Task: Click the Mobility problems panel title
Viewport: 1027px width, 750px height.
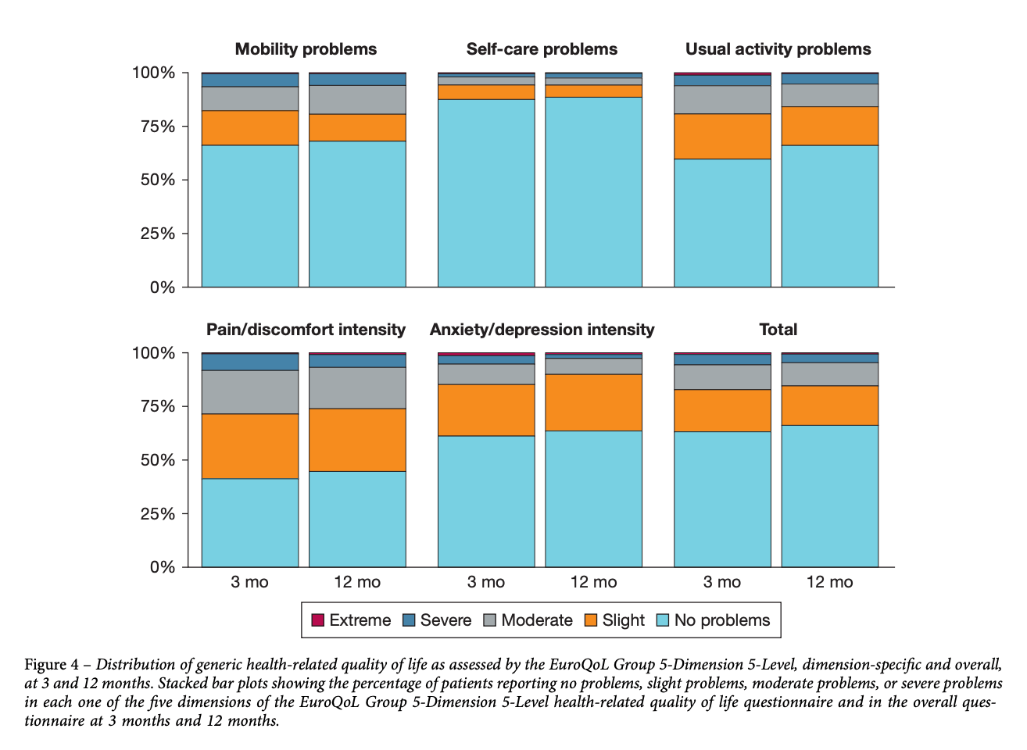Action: pyautogui.click(x=306, y=49)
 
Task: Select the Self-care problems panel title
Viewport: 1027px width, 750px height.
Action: pyautogui.click(x=542, y=49)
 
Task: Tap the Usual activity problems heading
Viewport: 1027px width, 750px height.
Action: pyautogui.click(x=778, y=49)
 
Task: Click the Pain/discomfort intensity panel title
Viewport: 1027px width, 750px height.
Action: pyautogui.click(x=306, y=330)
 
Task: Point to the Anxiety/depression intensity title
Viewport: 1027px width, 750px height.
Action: pyautogui.click(x=542, y=330)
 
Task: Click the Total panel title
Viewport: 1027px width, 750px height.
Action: pyautogui.click(x=778, y=330)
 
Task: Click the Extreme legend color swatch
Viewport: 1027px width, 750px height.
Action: pyautogui.click(x=317, y=620)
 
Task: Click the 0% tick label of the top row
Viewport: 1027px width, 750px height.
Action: pyautogui.click(x=162, y=287)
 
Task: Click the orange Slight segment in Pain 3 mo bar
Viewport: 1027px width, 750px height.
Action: pyautogui.click(x=250, y=446)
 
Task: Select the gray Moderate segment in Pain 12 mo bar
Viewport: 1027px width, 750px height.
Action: pyautogui.click(x=357, y=387)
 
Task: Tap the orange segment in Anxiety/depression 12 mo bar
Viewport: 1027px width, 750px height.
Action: pyautogui.click(x=593, y=402)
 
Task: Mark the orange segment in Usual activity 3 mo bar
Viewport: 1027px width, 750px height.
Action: pyautogui.click(x=722, y=137)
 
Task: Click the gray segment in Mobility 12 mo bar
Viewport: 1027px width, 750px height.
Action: pyautogui.click(x=357, y=100)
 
